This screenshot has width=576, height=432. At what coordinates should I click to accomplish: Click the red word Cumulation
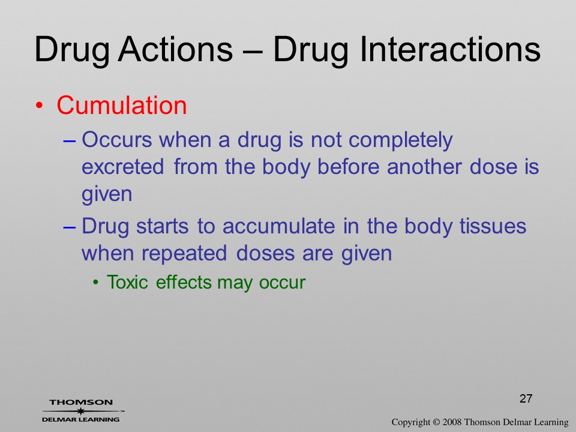tap(122, 106)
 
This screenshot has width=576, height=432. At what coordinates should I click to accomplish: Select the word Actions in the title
tap(175, 49)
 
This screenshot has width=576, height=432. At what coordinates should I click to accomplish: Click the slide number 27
tap(526, 398)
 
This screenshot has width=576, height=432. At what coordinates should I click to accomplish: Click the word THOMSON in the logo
tap(81, 402)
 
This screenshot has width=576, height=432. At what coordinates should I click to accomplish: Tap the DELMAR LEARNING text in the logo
tap(81, 419)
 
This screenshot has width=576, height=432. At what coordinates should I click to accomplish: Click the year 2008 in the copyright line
tap(452, 422)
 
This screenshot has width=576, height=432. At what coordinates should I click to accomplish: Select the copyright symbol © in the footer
tap(436, 422)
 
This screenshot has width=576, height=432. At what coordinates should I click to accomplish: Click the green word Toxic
tap(127, 282)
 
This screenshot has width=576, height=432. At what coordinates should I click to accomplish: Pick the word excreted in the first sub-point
tap(122, 167)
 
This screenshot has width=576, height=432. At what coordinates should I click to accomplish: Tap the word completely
tap(400, 140)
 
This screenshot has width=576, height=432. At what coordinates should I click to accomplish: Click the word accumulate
tap(279, 226)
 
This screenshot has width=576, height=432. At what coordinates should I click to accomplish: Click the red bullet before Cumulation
tap(40, 106)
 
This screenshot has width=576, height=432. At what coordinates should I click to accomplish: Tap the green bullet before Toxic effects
tap(96, 283)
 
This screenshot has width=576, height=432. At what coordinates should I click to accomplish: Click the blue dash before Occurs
tap(70, 141)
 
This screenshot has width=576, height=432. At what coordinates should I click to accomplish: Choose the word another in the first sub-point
tap(425, 167)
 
